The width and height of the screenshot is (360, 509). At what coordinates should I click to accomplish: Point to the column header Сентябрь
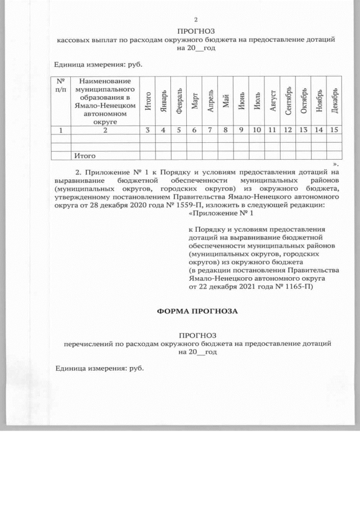(287, 102)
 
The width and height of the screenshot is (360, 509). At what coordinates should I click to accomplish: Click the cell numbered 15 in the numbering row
(334, 130)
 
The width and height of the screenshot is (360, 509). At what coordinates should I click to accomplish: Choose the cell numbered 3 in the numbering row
(147, 130)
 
